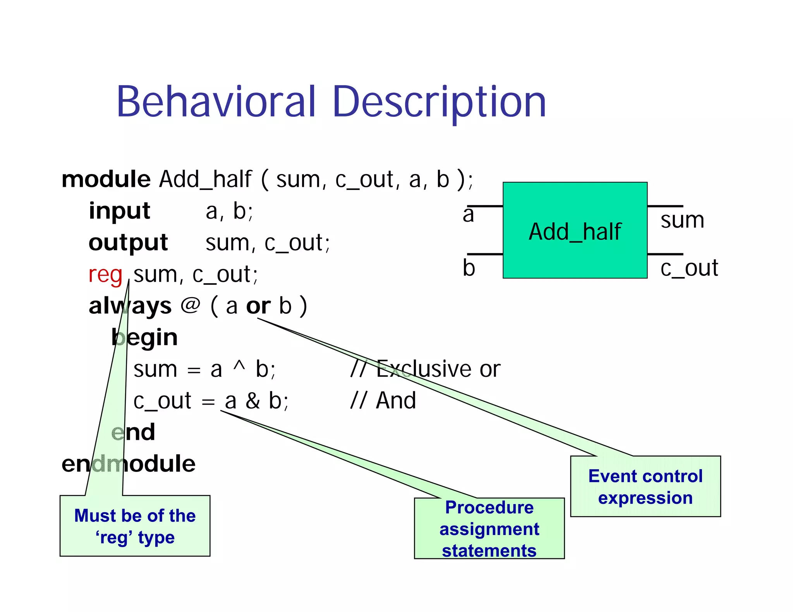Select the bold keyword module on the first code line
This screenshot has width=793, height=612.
[x=106, y=179]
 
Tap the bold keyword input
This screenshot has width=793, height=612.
[x=119, y=211]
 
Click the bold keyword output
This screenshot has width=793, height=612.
[x=128, y=243]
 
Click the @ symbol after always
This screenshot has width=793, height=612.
[x=191, y=306]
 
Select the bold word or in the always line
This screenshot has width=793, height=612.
[x=258, y=306]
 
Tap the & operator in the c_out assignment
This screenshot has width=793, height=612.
[x=252, y=401]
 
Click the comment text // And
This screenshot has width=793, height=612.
[x=383, y=400]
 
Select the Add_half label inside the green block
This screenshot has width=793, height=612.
[x=575, y=232]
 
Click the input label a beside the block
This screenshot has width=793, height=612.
[x=468, y=215]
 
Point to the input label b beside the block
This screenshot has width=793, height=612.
[x=469, y=268]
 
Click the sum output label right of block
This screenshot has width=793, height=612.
[x=682, y=220]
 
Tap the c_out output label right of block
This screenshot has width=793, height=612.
[x=689, y=268]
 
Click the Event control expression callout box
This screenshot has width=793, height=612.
[x=645, y=487]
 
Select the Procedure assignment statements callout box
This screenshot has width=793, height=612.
[x=489, y=528]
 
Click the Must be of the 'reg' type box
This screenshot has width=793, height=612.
[x=135, y=526]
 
